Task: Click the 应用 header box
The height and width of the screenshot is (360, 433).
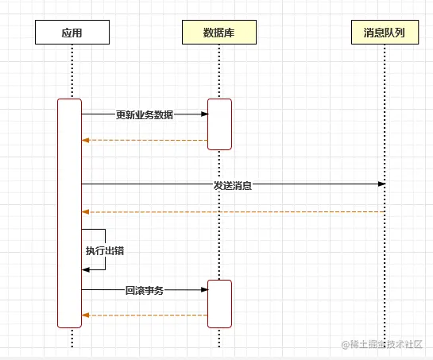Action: click(72, 33)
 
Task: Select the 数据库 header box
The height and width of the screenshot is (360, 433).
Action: click(218, 33)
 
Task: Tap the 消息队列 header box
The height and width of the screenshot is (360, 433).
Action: click(385, 33)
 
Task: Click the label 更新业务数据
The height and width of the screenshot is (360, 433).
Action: click(144, 114)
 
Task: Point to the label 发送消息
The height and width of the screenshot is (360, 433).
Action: click(232, 185)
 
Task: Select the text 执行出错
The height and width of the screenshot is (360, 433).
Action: click(105, 250)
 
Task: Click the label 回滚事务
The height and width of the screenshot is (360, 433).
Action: click(144, 291)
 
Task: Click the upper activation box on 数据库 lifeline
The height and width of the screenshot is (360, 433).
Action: click(219, 124)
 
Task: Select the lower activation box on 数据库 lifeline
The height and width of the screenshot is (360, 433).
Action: click(219, 304)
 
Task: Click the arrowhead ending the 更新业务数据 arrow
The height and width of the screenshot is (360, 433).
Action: click(204, 114)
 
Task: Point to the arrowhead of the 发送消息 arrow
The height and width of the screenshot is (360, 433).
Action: click(381, 184)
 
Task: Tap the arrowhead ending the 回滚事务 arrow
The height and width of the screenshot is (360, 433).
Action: click(204, 290)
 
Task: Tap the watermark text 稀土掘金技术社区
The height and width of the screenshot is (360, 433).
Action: click(385, 344)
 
